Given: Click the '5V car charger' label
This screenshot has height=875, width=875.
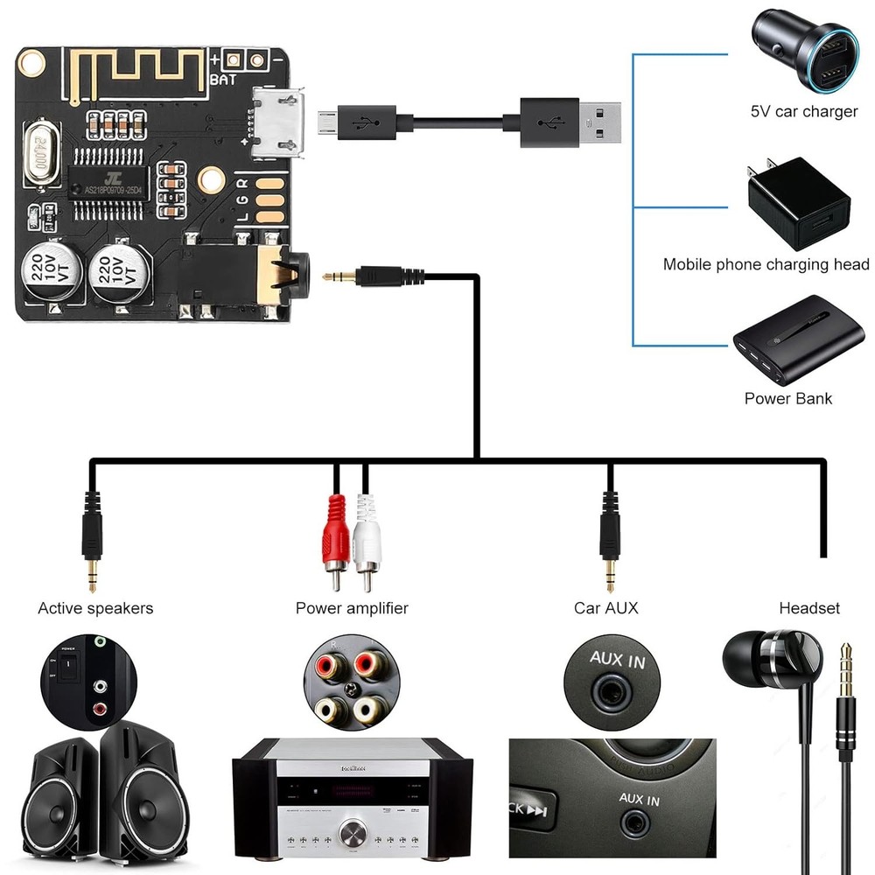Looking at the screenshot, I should pyautogui.click(x=804, y=112).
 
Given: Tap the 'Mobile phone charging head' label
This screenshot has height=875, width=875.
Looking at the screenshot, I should pyautogui.click(x=766, y=264).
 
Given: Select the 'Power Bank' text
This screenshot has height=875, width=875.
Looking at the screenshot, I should pyautogui.click(x=787, y=398).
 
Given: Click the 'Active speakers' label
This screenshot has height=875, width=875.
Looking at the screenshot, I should pyautogui.click(x=95, y=608).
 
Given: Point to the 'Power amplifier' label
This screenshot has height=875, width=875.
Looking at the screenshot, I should pyautogui.click(x=352, y=608).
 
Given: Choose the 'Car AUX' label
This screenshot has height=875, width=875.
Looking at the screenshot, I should pyautogui.click(x=605, y=608).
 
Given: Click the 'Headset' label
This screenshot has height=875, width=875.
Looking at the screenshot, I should pyautogui.click(x=808, y=608).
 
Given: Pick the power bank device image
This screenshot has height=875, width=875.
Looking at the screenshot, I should pyautogui.click(x=787, y=340).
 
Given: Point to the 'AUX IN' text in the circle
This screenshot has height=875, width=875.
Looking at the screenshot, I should pyautogui.click(x=617, y=661).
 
